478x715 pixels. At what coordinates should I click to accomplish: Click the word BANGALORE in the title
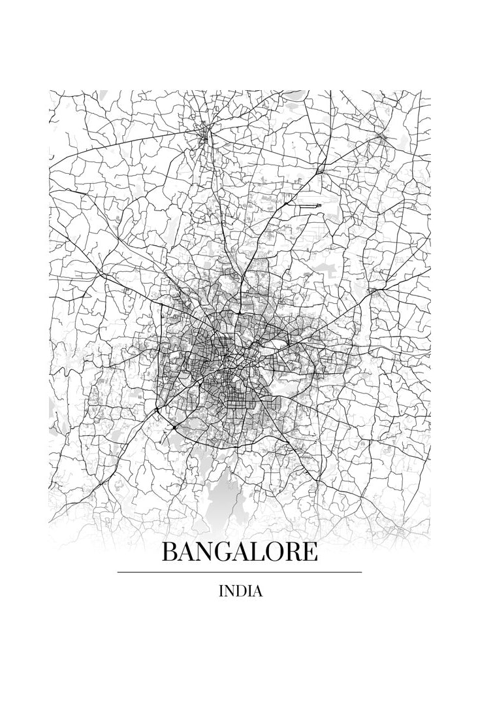(x=239, y=553)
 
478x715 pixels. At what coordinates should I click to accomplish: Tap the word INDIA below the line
(x=241, y=591)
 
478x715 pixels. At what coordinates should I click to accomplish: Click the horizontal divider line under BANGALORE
(x=239, y=572)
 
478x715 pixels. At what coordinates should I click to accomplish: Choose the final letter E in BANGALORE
(x=310, y=553)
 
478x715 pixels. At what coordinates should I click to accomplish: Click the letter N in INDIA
(x=230, y=591)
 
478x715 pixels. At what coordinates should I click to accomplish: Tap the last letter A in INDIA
(x=257, y=591)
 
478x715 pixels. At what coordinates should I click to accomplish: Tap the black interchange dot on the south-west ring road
(x=157, y=411)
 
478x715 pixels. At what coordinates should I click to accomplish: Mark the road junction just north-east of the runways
(x=321, y=171)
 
